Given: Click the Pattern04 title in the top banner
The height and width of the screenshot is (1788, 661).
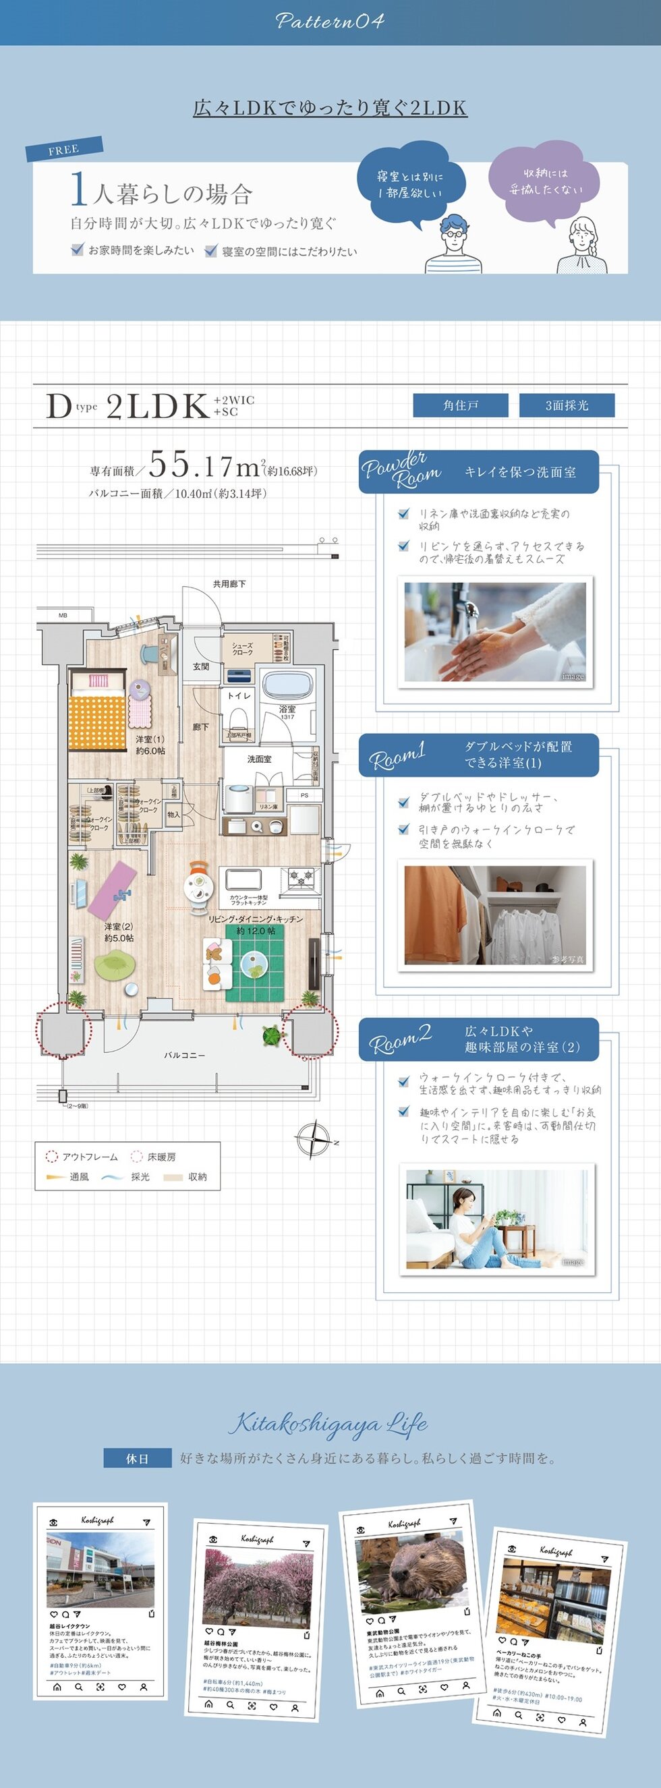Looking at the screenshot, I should click(x=330, y=21).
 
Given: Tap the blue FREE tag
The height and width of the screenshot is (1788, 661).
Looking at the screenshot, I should click(x=64, y=148).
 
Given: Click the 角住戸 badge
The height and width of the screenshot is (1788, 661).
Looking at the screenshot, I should click(x=460, y=405).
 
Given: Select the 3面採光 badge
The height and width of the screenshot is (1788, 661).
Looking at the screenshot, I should click(x=567, y=405).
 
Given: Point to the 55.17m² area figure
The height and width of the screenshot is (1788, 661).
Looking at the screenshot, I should click(x=204, y=465).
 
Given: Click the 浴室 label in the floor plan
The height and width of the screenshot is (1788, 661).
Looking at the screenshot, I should click(x=287, y=710).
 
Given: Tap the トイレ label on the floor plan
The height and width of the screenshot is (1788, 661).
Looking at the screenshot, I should click(x=239, y=695).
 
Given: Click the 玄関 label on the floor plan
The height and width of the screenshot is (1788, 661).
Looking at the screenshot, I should click(x=201, y=666).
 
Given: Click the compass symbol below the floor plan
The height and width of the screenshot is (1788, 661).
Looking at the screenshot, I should click(x=314, y=1138).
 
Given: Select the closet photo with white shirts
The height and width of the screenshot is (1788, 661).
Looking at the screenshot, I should click(x=494, y=915).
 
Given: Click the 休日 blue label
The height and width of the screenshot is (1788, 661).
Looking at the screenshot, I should click(x=137, y=1458).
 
